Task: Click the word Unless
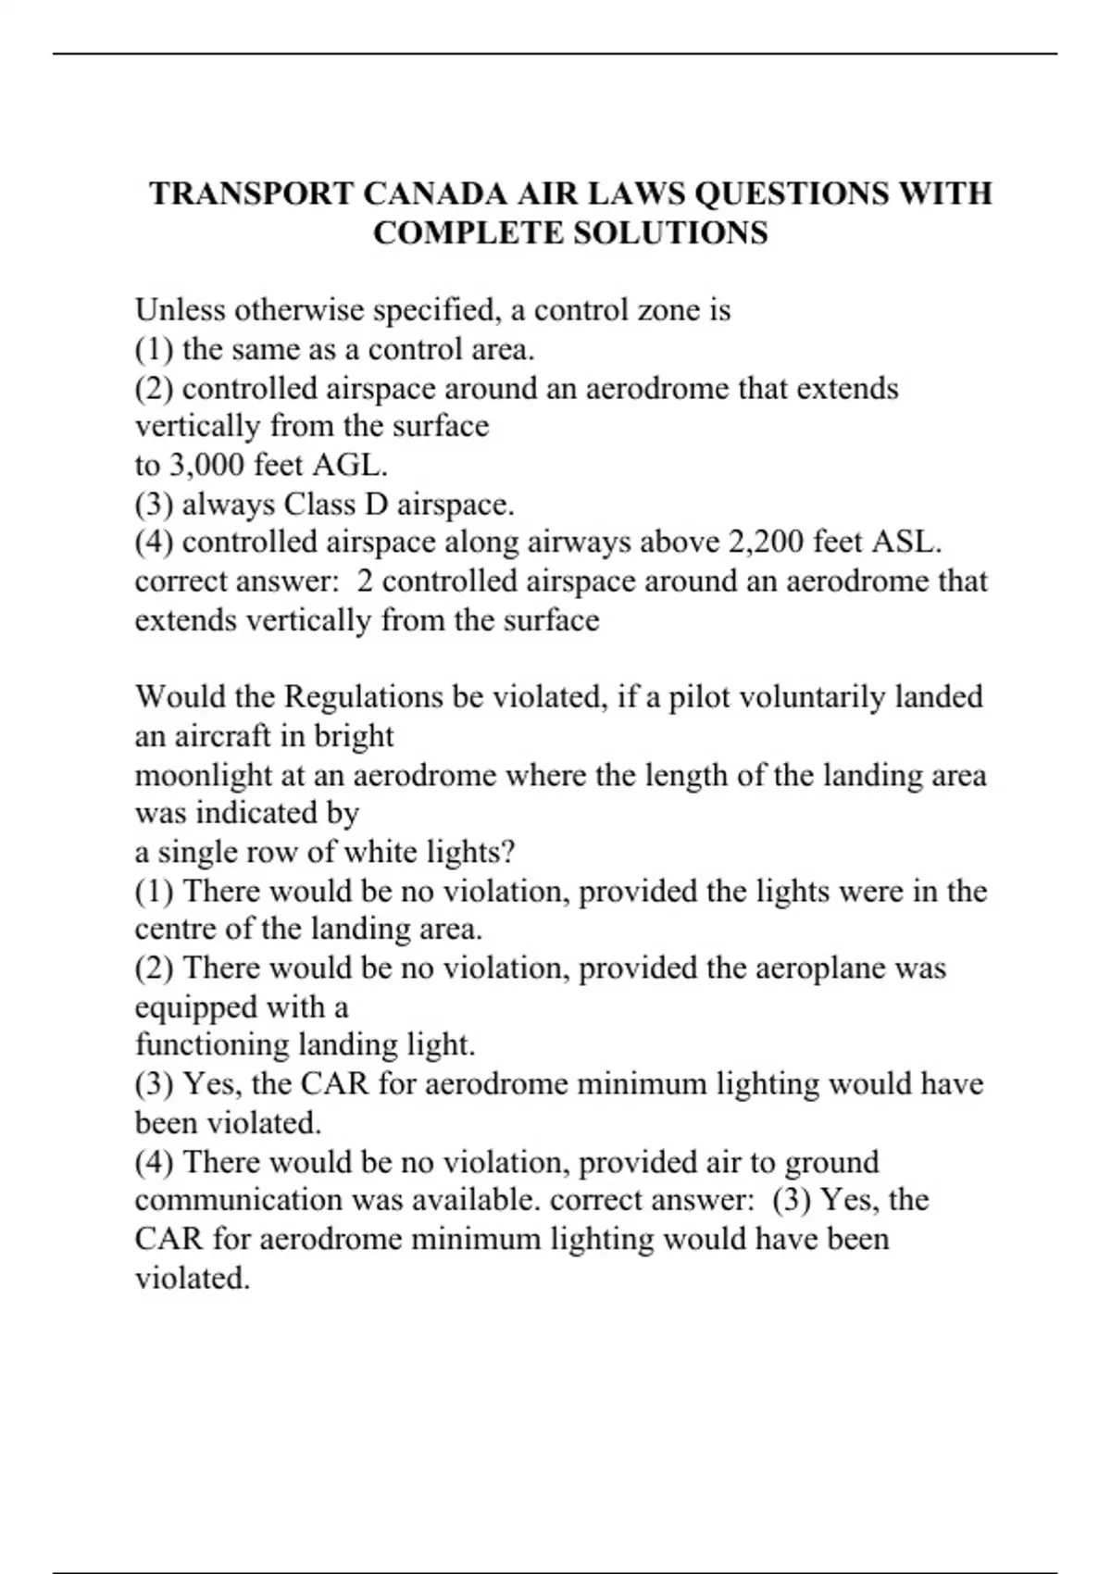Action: click(181, 309)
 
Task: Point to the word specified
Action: click(435, 309)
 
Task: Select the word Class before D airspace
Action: click(320, 504)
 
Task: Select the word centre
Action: click(176, 929)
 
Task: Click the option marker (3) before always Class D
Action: click(155, 504)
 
